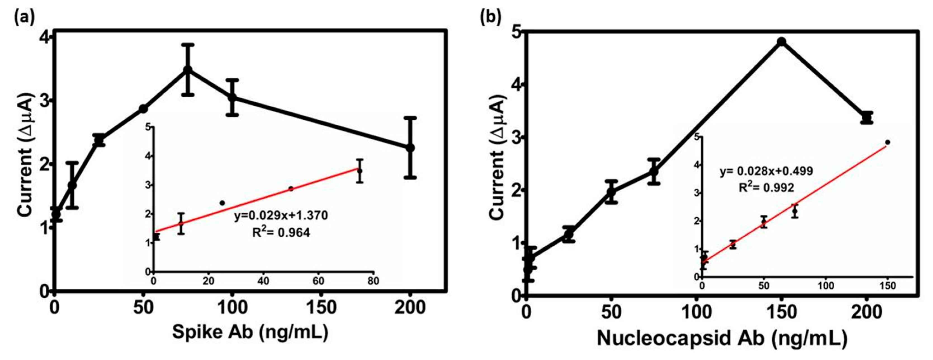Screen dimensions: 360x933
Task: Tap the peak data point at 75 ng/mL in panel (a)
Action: pos(188,70)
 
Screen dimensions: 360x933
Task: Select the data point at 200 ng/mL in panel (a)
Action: pos(410,148)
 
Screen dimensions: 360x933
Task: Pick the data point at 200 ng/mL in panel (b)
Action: pos(867,118)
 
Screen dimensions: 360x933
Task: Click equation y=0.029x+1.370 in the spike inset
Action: pos(281,216)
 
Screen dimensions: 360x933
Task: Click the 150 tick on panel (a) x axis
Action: pos(321,308)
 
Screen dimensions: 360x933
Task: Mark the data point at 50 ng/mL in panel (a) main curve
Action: pos(143,109)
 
